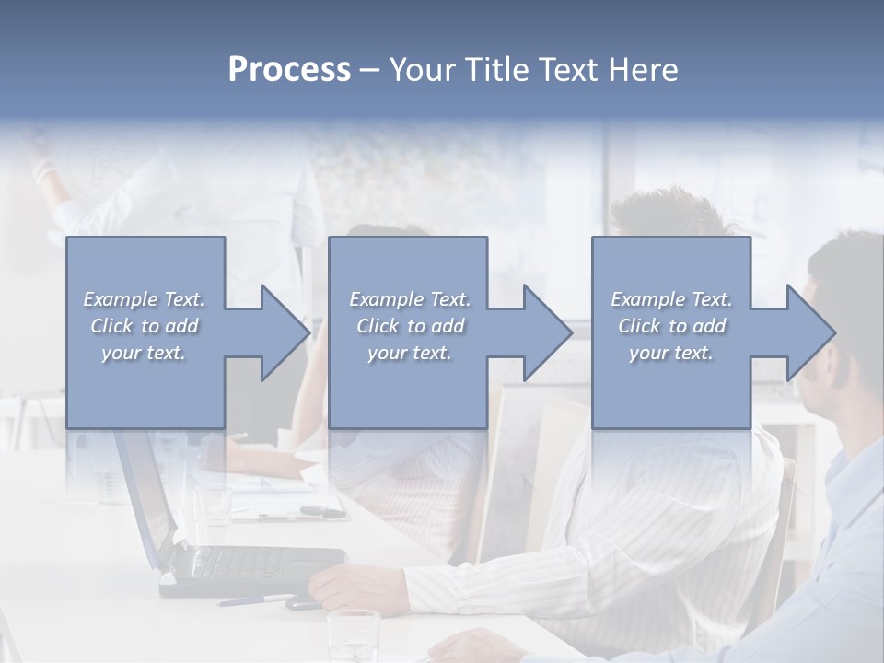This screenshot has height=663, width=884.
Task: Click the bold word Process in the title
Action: [289, 69]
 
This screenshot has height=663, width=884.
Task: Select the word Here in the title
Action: [643, 69]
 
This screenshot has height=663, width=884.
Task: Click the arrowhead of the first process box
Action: [285, 332]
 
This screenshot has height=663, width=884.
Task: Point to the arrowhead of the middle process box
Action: [548, 332]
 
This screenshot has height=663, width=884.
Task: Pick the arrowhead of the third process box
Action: [811, 332]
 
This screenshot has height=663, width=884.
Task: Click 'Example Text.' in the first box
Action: [144, 299]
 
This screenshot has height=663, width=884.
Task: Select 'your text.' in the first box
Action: [144, 353]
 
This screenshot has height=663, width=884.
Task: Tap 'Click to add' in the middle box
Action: [410, 326]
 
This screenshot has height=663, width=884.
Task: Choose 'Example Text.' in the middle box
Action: [410, 299]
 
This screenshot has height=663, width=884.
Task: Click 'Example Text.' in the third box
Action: [671, 299]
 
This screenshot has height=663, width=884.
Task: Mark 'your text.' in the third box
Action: [671, 353]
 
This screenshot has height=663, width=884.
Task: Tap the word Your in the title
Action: [421, 69]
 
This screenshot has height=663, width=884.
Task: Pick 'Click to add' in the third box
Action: [671, 326]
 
